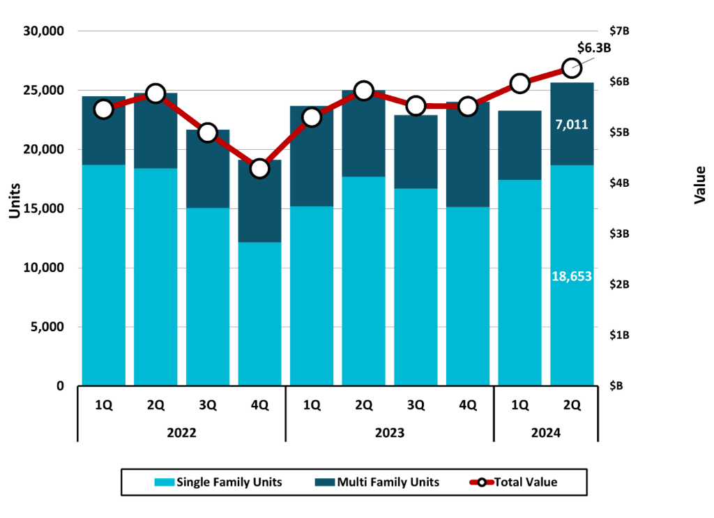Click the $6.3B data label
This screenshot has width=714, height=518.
[x=594, y=48]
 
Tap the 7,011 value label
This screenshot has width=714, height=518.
[x=572, y=125]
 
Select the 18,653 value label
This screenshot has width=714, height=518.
[x=572, y=276]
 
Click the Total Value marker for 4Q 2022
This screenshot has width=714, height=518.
[x=259, y=169]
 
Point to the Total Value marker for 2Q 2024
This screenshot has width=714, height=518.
[x=572, y=68]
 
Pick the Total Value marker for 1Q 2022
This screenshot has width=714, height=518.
[x=104, y=109]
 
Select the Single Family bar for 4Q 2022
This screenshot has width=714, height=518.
[x=259, y=314]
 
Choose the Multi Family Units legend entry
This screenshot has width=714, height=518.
[x=379, y=482]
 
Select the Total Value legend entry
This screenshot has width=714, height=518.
[x=517, y=482]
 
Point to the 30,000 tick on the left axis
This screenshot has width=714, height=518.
[x=44, y=31]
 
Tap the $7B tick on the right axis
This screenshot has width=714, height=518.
[x=620, y=31]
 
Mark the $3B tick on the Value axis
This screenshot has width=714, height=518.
[x=620, y=234]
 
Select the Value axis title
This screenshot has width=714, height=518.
[x=700, y=185]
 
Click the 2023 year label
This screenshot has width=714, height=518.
[x=390, y=432]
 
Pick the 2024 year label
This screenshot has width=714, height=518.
[x=546, y=432]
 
